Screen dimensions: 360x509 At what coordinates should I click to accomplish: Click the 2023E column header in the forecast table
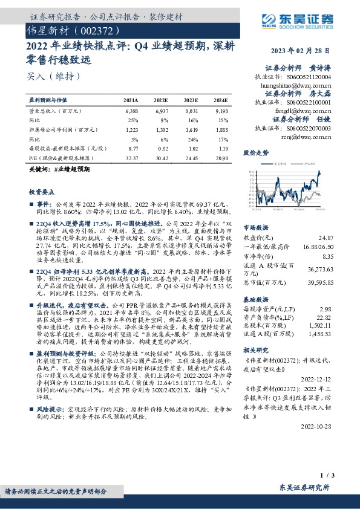(x=191, y=100)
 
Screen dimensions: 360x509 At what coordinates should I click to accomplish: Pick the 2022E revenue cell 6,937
(x=162, y=112)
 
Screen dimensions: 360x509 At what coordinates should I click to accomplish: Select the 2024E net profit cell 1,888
(x=221, y=129)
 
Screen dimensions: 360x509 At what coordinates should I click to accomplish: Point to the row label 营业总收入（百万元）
(x=55, y=112)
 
